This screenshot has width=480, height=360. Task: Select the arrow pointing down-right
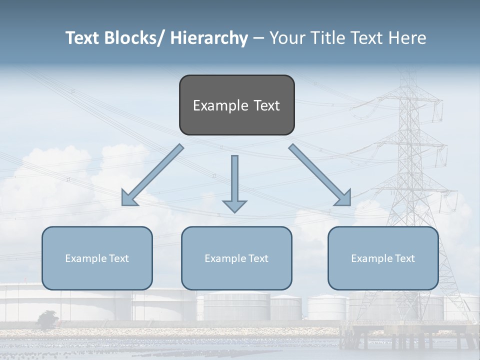319,174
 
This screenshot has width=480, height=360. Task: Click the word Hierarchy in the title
209,38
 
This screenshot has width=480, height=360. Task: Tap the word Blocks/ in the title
135,38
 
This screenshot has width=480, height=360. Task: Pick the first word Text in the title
83,38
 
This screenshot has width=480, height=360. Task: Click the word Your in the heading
286,38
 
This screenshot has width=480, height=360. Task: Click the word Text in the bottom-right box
404,258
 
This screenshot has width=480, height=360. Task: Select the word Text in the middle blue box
257,258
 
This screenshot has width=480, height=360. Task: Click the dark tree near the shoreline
47,319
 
